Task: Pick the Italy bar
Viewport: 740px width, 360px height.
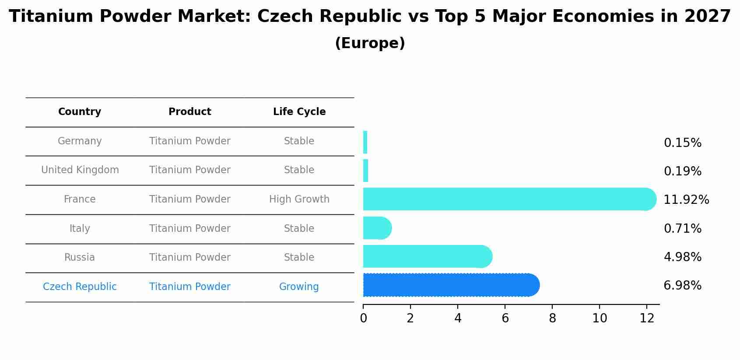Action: (x=376, y=228)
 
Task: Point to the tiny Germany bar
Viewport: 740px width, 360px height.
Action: (x=365, y=142)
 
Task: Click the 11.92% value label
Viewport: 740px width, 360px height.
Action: (x=686, y=200)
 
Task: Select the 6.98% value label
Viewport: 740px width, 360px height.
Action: (x=682, y=286)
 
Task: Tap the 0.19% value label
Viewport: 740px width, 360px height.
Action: (x=682, y=171)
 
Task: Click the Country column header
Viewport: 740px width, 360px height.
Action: (x=80, y=112)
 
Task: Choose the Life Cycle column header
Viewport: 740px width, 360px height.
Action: (x=299, y=112)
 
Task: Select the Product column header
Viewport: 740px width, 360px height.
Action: (x=189, y=112)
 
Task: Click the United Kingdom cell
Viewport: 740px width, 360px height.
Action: (x=80, y=170)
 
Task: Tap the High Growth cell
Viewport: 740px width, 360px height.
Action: (x=299, y=199)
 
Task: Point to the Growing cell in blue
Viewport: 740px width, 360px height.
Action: (x=299, y=287)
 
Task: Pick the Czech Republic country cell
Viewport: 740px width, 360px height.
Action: (x=80, y=287)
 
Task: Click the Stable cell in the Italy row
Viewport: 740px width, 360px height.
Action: (x=299, y=229)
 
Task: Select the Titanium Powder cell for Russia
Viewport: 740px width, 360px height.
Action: (x=189, y=258)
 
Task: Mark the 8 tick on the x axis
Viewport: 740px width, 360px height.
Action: (x=552, y=318)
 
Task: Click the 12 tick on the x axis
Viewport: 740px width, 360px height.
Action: (x=647, y=318)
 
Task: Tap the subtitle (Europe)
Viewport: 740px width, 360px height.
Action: (x=370, y=43)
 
